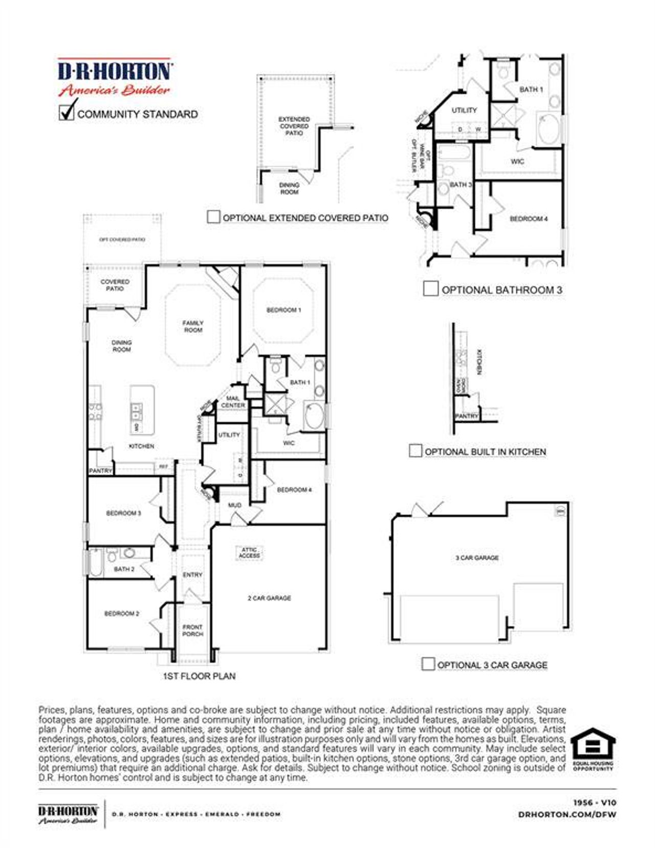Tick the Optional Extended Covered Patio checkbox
click(x=213, y=217)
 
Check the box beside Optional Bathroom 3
click(x=430, y=289)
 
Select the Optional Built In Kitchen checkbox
click(x=416, y=451)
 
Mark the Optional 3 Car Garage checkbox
click(x=428, y=664)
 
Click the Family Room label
click(x=193, y=326)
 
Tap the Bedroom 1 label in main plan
click(x=283, y=310)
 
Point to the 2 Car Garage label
click(x=269, y=598)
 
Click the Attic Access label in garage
click(x=249, y=553)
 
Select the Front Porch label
click(x=192, y=630)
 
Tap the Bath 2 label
click(x=124, y=569)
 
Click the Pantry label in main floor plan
click(x=100, y=471)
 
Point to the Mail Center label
click(x=233, y=401)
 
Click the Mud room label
click(x=234, y=505)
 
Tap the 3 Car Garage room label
click(x=477, y=557)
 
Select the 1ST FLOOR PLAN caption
click(x=199, y=676)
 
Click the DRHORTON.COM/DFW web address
click(x=567, y=814)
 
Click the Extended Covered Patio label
click(x=294, y=126)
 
